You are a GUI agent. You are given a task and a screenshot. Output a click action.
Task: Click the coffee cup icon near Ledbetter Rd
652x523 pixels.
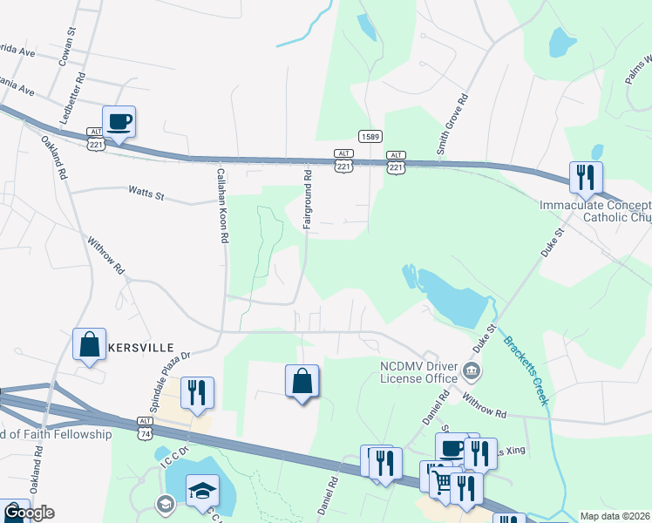[119, 122]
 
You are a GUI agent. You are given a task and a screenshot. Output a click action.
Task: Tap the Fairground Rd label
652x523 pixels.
[308, 200]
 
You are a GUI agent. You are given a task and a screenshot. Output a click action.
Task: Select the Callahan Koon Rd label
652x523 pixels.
[223, 205]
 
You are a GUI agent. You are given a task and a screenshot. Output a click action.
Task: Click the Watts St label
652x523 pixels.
[146, 190]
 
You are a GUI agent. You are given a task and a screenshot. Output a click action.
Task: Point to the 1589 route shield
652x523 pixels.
[370, 136]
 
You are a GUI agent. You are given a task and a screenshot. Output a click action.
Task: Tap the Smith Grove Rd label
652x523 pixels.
[452, 124]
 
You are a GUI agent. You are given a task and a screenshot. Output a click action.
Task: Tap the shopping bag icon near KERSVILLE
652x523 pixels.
[90, 344]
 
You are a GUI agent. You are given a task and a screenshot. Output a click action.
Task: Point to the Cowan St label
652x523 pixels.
[64, 44]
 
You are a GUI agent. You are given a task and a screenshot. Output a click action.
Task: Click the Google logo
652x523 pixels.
[30, 513]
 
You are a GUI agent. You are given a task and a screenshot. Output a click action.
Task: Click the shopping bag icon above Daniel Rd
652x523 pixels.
[302, 381]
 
